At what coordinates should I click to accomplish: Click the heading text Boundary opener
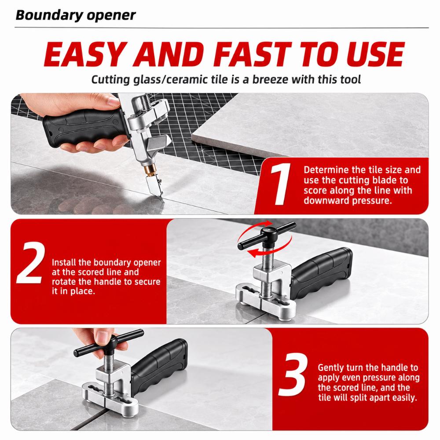tap(76, 15)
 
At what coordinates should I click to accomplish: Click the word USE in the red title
tap(375, 54)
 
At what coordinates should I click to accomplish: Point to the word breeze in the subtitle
tap(270, 80)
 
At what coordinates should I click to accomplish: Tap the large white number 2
tap(31, 262)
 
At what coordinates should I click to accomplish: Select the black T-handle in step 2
tap(267, 235)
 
